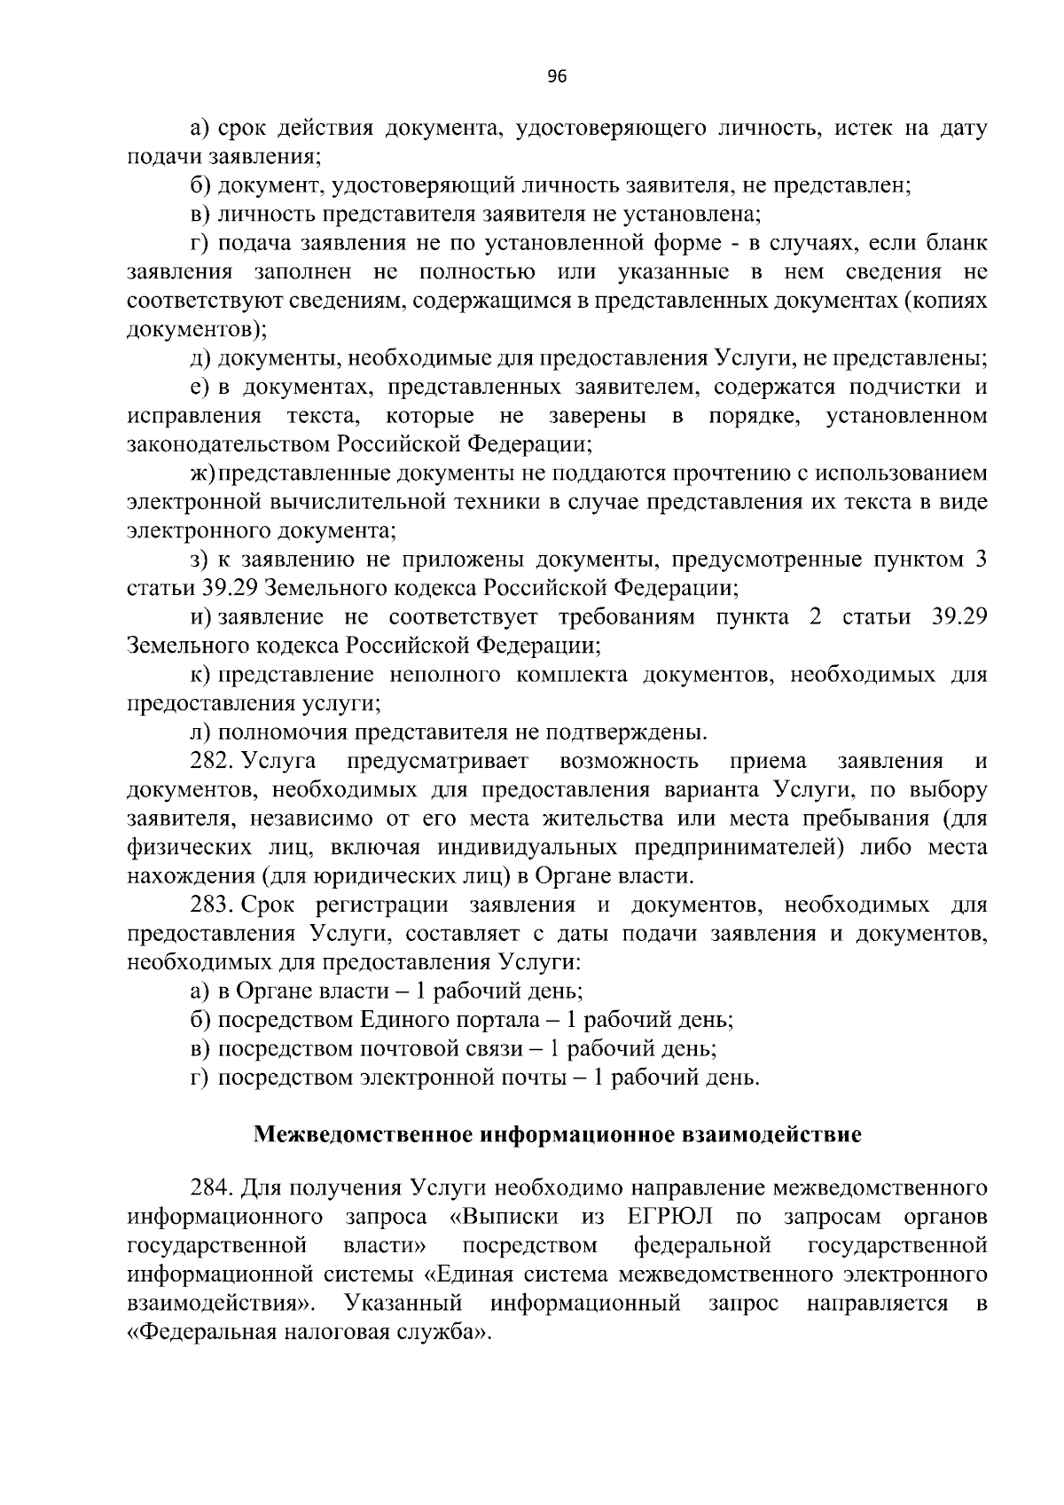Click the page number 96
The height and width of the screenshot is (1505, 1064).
556,77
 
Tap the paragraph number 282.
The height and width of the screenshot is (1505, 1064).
211,761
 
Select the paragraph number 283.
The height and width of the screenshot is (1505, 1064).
211,905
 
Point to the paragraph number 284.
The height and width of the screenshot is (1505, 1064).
211,1188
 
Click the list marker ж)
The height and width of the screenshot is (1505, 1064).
202,474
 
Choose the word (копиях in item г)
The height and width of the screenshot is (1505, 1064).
944,301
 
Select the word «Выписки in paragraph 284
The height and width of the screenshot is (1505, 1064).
504,1217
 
